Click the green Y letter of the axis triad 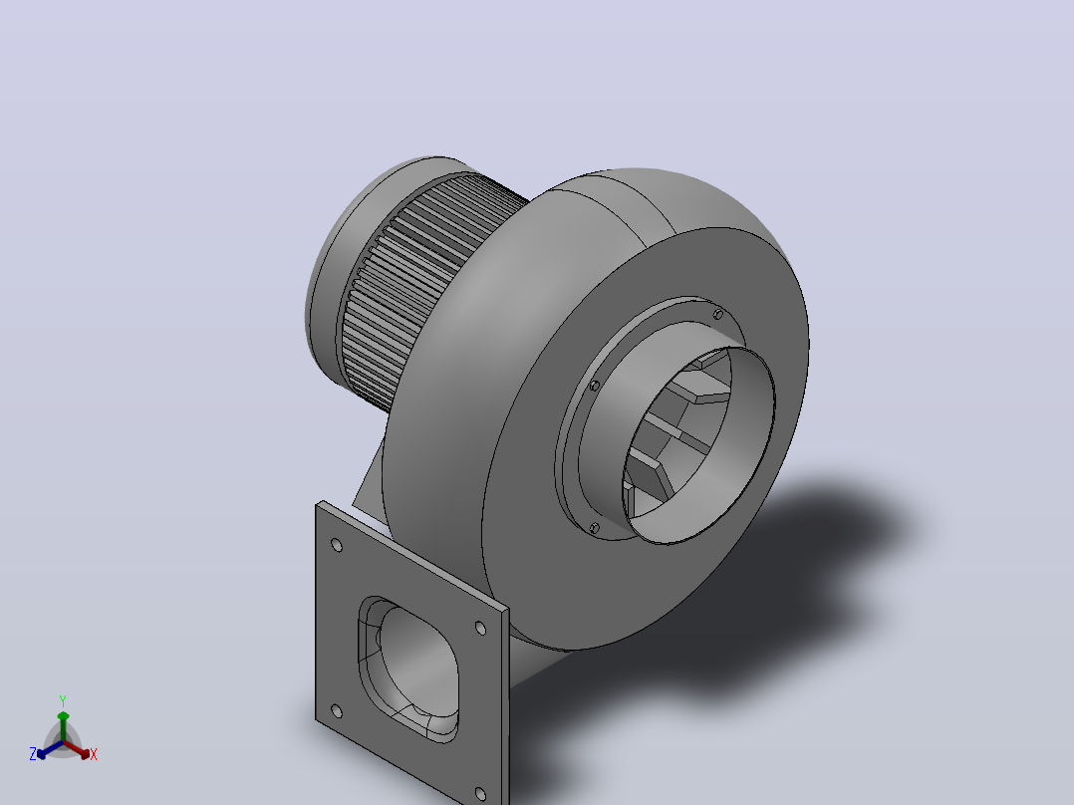click(63, 700)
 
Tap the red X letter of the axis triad click(94, 754)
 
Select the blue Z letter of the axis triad click(33, 754)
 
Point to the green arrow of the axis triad click(63, 726)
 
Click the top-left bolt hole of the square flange click(337, 545)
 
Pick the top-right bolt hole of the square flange click(480, 629)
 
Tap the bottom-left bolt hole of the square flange click(337, 711)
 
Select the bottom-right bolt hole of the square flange click(480, 795)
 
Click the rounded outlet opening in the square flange click(408, 669)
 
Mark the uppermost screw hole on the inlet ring click(717, 315)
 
